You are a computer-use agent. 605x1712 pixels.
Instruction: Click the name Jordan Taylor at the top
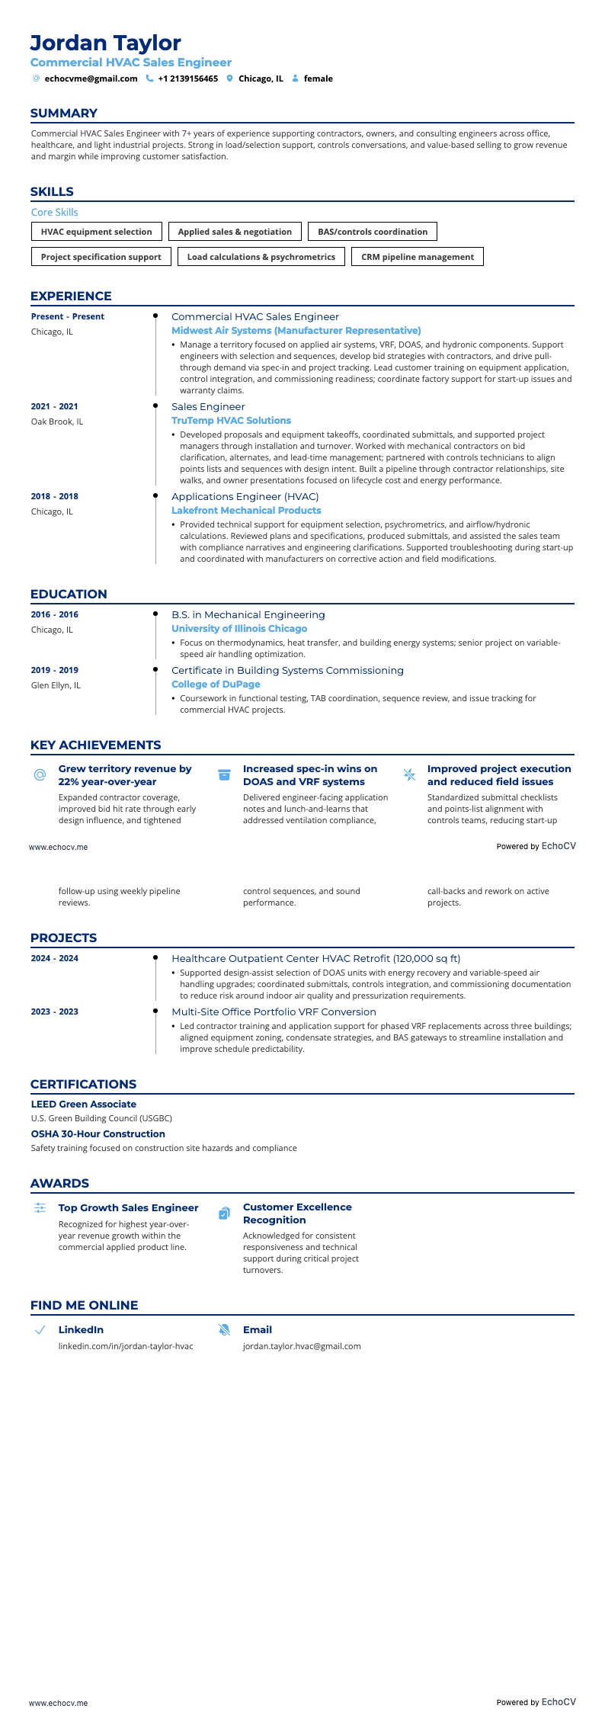(x=105, y=43)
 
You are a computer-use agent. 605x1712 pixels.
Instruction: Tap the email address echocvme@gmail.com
(x=91, y=79)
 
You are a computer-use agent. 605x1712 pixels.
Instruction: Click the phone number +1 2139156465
(x=187, y=79)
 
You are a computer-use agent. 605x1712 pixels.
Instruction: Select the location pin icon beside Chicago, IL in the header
(x=229, y=79)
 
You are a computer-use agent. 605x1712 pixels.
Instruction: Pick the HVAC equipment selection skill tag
(x=96, y=232)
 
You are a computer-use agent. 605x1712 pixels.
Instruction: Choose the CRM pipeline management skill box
(x=417, y=257)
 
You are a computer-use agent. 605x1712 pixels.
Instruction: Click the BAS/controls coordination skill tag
(x=373, y=232)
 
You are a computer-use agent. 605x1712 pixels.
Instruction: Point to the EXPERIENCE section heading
(x=71, y=296)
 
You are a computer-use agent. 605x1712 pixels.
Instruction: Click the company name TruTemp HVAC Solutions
(x=231, y=421)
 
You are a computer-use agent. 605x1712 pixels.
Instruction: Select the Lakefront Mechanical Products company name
(x=246, y=511)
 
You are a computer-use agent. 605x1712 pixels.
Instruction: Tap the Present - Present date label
(x=67, y=316)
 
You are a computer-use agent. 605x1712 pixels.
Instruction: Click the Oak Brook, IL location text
(x=57, y=422)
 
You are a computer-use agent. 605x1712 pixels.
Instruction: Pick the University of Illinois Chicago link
(x=239, y=629)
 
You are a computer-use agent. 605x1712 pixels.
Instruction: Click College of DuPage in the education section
(x=216, y=684)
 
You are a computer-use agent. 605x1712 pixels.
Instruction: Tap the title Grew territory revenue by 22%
(x=125, y=775)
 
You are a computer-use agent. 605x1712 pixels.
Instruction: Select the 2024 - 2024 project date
(x=54, y=958)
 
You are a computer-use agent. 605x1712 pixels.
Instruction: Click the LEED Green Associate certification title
(x=83, y=1104)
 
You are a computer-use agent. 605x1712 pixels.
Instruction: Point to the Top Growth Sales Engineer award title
(x=128, y=1207)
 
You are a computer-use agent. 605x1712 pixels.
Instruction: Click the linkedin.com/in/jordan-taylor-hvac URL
(x=126, y=1346)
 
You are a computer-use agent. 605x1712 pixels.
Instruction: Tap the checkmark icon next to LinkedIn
(x=40, y=1330)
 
